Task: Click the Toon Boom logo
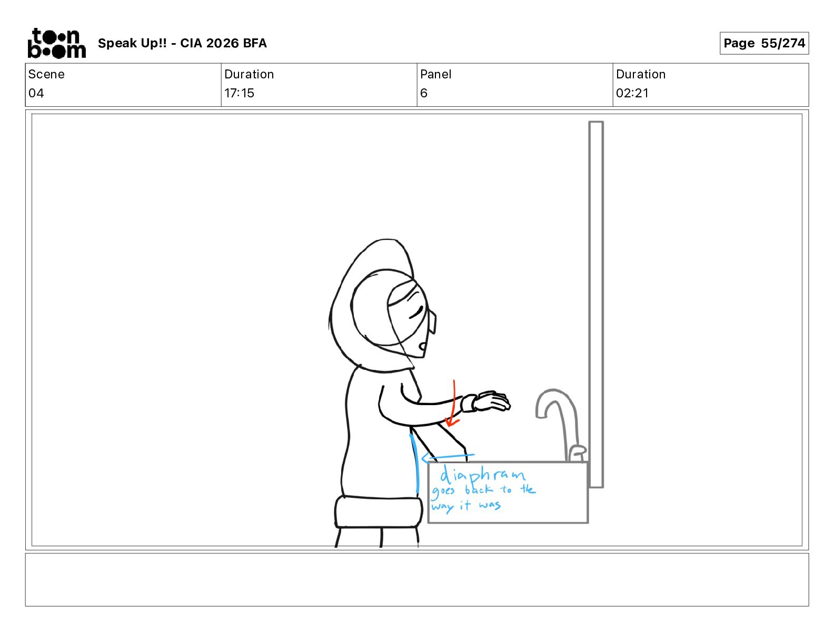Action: (57, 43)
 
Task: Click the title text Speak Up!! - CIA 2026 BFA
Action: (182, 43)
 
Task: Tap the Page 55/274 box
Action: (764, 43)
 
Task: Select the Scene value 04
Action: (36, 93)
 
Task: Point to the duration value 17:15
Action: (239, 93)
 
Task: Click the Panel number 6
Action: (424, 93)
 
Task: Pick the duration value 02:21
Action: (632, 93)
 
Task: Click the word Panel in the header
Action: (435, 74)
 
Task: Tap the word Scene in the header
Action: (46, 74)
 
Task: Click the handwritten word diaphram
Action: (482, 476)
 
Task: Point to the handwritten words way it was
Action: (466, 506)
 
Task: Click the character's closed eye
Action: (415, 312)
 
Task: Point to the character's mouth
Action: (422, 346)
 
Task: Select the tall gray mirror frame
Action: (595, 305)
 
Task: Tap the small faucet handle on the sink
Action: (577, 452)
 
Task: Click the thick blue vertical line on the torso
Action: (414, 464)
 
